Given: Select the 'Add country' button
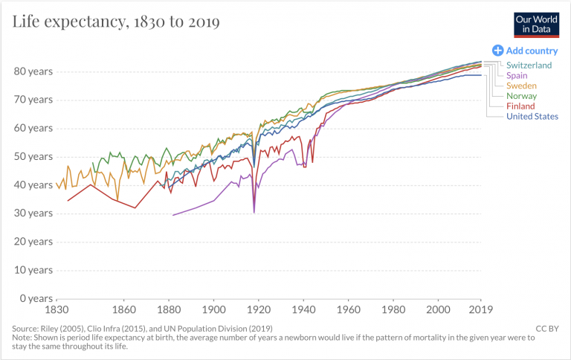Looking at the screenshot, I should (525, 51).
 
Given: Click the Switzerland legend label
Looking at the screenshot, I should (529, 65).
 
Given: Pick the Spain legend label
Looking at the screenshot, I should (517, 76).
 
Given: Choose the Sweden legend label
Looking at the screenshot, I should (521, 86).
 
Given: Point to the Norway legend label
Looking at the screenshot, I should (521, 96).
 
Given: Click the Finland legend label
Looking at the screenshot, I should (520, 106).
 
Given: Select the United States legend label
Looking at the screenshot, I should (532, 116).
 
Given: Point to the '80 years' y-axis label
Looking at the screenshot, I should (33, 71).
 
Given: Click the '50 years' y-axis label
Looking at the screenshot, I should (33, 156).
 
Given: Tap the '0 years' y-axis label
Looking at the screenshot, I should (36, 298).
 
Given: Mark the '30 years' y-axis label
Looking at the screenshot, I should (33, 213).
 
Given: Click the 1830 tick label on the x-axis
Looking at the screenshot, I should (57, 309).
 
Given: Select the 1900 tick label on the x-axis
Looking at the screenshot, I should (213, 309).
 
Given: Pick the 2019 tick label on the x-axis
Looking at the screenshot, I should (481, 309).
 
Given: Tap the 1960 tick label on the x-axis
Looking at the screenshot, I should (348, 309).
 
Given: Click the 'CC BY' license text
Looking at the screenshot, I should (547, 328).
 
